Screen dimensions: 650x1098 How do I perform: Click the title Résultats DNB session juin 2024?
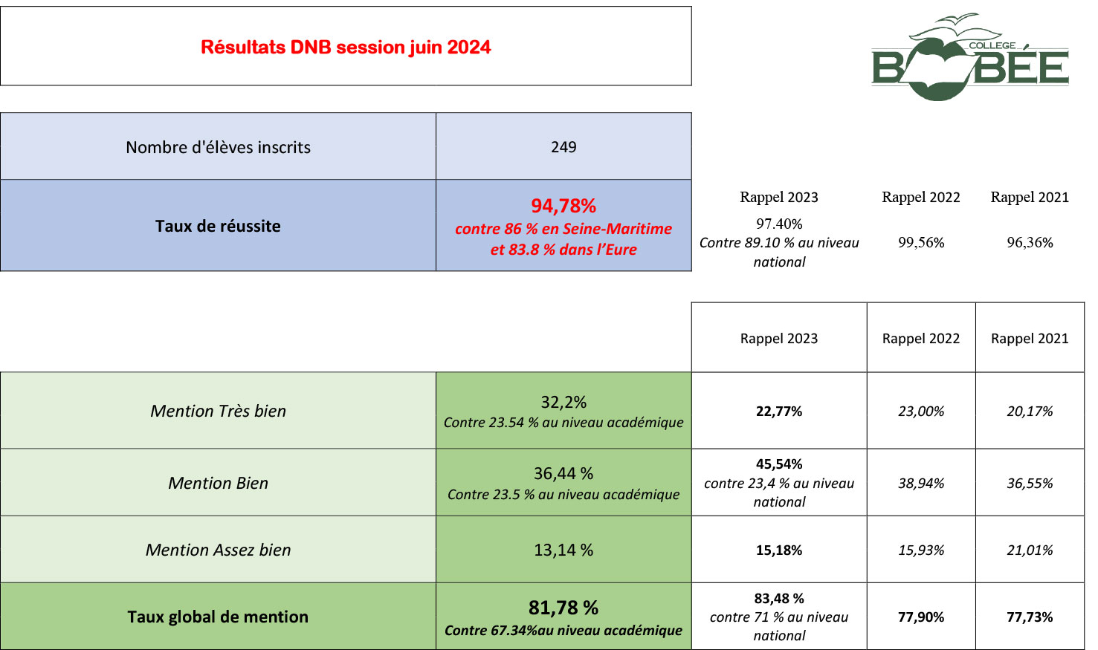pos(346,48)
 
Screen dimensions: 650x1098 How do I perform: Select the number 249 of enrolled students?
pos(563,147)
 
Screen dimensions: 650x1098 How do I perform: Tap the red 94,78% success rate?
pos(563,206)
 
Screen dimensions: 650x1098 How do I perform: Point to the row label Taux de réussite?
pos(218,226)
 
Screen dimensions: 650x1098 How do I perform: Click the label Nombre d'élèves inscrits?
pos(218,147)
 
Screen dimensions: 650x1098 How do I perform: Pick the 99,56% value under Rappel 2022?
pos(921,242)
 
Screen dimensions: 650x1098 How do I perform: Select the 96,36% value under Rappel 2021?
pos(1030,242)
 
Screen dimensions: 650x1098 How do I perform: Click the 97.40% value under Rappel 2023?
pos(779,224)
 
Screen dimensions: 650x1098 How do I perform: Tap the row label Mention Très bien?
pos(218,411)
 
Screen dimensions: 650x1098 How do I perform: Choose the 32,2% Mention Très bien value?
pos(563,402)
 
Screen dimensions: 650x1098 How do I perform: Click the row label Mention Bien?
pos(218,483)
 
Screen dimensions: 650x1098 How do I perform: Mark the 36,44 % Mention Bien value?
pos(563,473)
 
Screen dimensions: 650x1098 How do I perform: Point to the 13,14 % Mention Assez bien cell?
pos(563,550)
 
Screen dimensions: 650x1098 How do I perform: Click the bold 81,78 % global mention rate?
pos(563,608)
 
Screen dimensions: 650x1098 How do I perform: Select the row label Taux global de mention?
pos(218,617)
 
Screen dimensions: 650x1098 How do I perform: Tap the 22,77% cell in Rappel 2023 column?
pos(779,411)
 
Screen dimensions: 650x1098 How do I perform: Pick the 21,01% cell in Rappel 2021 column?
pos(1030,550)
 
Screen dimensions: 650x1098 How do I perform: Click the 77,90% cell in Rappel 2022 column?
pos(921,617)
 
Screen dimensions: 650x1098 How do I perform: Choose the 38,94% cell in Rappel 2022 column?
pos(921,483)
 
